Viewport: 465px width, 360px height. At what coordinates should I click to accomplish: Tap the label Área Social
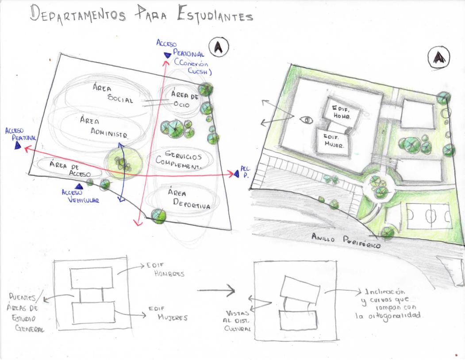113,94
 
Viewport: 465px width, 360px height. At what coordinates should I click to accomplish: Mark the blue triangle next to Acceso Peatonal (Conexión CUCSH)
167,55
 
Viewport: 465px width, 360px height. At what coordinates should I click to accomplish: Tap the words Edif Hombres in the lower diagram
162,269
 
